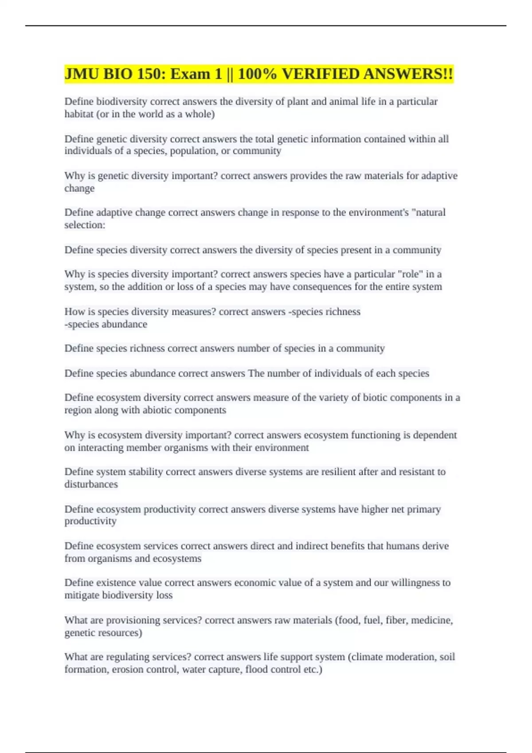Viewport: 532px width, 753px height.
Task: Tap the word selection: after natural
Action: click(85, 225)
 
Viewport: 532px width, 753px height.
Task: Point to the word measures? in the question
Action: click(194, 312)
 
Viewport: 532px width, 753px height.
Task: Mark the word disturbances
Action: click(91, 484)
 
